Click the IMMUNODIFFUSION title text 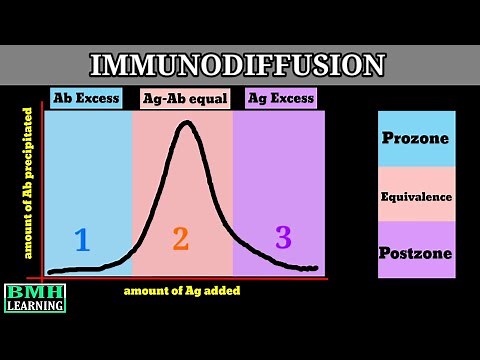click(237, 65)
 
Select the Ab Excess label click(85, 98)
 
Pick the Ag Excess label click(279, 98)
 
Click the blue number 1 click(82, 239)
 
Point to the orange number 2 click(180, 239)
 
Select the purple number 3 click(283, 237)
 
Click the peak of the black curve click(185, 123)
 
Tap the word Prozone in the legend click(416, 139)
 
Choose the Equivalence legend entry click(416, 196)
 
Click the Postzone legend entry click(416, 252)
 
